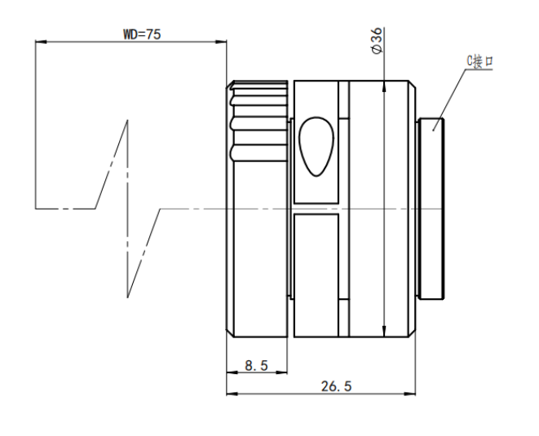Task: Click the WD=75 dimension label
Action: (142, 34)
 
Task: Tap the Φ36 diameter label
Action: (377, 40)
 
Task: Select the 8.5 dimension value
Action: (256, 365)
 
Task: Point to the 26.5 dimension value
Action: (337, 386)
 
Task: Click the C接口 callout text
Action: (479, 61)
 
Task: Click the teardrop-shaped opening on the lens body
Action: (316, 147)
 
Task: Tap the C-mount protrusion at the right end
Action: (431, 209)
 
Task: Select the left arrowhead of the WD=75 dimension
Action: (41, 42)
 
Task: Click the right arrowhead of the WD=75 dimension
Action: (221, 42)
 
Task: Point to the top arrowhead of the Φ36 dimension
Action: (384, 86)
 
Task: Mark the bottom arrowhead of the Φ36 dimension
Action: (384, 331)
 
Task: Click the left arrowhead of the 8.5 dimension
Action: (232, 372)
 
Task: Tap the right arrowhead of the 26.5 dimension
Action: (409, 394)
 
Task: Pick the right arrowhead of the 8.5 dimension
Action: (281, 372)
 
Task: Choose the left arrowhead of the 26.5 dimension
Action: (232, 394)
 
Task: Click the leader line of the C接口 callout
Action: (449, 100)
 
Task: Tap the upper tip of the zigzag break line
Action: (127, 121)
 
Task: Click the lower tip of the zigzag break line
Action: (127, 297)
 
